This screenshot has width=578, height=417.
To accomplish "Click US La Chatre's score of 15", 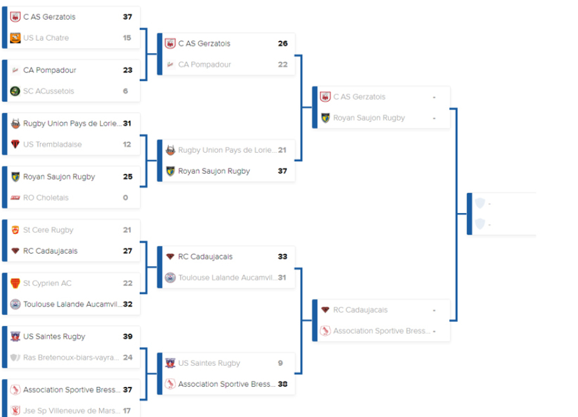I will click(x=127, y=38).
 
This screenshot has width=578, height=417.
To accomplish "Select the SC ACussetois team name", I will click(x=49, y=91).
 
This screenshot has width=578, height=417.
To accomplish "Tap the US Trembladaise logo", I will click(x=15, y=144).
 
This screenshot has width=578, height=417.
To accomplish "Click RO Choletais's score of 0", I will click(x=125, y=197).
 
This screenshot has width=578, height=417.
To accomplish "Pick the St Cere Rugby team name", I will click(x=48, y=230).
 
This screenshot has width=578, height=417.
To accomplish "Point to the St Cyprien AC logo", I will click(x=15, y=283).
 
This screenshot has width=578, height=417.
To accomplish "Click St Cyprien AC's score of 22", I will click(x=127, y=283).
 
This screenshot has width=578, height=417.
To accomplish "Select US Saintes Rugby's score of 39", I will click(x=127, y=336).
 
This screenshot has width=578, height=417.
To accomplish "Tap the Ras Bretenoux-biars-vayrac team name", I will click(x=71, y=357).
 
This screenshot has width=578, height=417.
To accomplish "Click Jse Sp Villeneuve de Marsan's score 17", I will click(x=127, y=411).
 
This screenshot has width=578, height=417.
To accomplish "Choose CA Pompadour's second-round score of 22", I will click(x=282, y=64).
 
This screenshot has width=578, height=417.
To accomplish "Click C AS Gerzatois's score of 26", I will click(x=282, y=43).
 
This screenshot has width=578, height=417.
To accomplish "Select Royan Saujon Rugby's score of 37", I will click(x=282, y=171).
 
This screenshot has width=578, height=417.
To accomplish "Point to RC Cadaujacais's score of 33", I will click(x=282, y=256).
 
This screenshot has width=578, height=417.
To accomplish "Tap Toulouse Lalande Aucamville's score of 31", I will click(x=282, y=277).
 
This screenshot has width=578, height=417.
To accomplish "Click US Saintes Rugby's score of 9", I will click(x=280, y=363).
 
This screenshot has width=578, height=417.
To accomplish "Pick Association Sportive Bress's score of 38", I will click(x=282, y=384).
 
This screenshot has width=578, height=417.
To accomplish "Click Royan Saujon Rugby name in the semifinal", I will click(x=368, y=118).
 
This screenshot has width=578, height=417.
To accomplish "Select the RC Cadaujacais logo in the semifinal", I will click(x=325, y=310).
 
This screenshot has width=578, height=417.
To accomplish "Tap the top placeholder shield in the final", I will click(x=480, y=203).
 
